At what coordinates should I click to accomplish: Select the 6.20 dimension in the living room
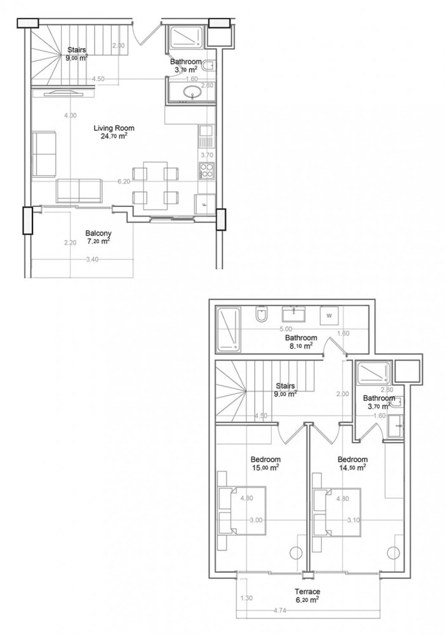click(x=124, y=181)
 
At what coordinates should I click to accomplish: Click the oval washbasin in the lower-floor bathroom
click(x=190, y=95)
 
